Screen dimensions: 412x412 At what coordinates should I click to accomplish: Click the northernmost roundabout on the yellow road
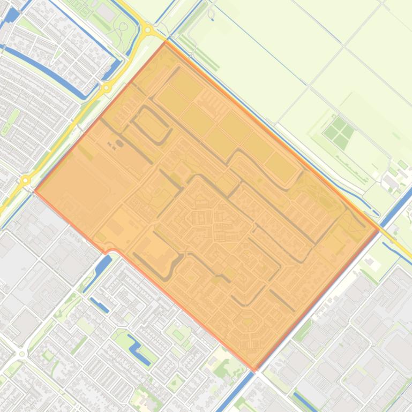pos(148,30)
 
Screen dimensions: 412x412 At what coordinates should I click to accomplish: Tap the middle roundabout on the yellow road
pos(107,87)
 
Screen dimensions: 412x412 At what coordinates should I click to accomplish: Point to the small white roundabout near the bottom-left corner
pos(21,354)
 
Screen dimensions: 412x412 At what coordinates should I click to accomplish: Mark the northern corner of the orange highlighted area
pos(165,42)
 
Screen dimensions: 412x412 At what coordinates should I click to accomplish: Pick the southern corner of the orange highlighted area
pos(255,370)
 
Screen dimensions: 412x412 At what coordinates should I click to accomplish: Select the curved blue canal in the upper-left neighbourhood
pos(59,72)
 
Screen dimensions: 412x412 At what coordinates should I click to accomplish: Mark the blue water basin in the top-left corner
pos(11,15)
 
